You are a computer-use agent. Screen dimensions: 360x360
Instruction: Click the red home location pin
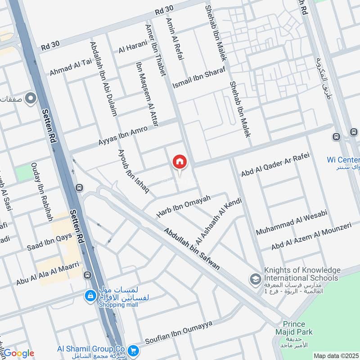point(180,162)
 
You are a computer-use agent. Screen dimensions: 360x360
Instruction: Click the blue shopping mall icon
point(90,295)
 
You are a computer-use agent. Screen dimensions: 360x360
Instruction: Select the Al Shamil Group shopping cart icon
point(133,350)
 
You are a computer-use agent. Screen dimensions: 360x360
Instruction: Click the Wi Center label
point(343,160)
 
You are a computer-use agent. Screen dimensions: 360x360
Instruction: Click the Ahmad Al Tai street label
point(71,67)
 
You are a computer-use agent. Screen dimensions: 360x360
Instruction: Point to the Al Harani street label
point(133,46)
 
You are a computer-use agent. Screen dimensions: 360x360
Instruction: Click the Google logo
point(18,353)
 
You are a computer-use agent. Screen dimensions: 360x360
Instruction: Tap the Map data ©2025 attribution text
point(335,355)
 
